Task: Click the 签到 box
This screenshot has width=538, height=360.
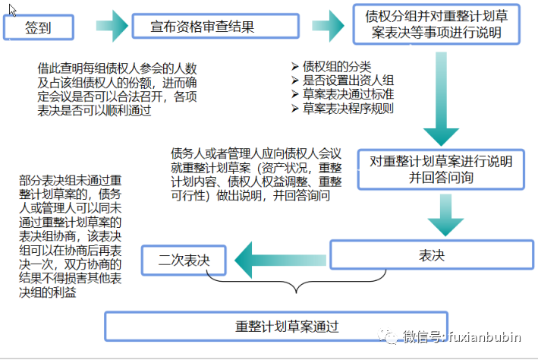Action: coord(39,28)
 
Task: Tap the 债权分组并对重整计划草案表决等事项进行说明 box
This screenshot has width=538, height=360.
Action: coord(436,25)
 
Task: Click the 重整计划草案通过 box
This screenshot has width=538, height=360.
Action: coord(275,327)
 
